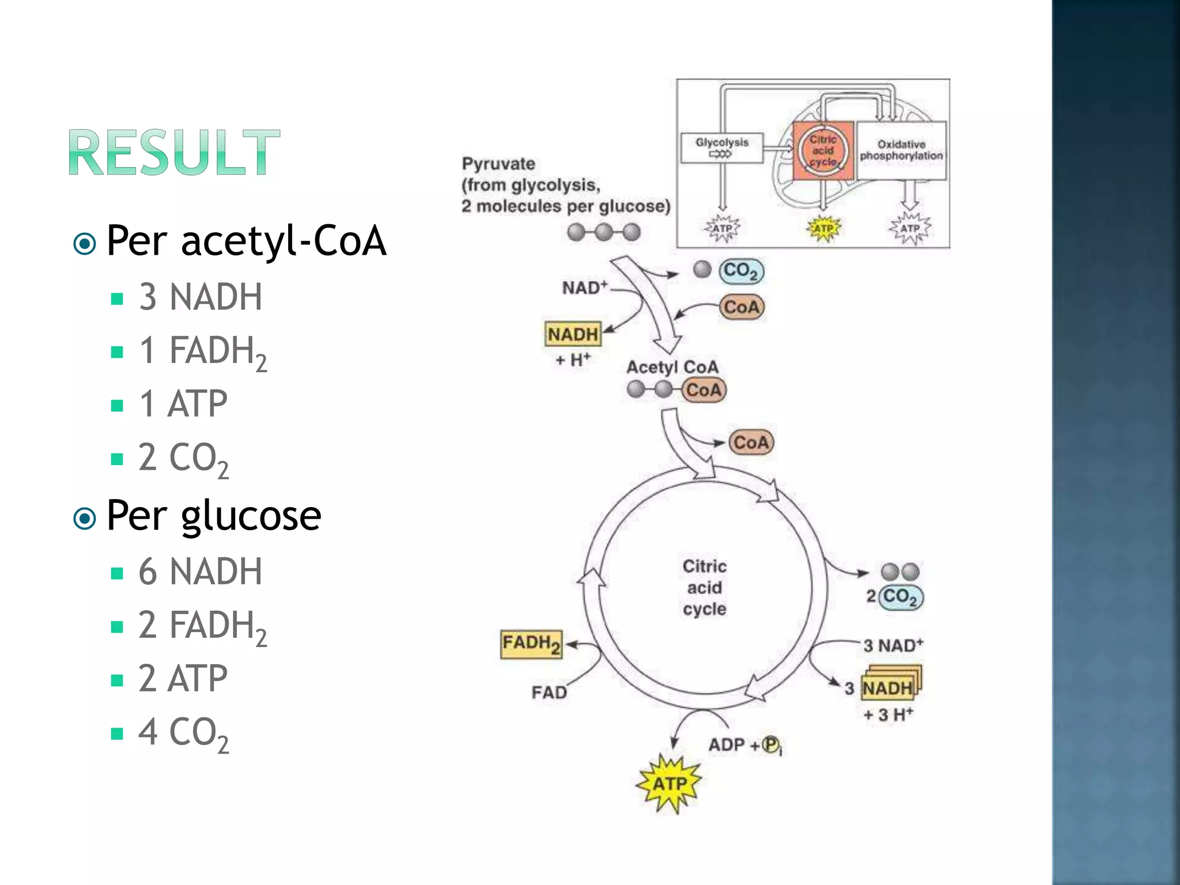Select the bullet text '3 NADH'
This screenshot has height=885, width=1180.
tap(200, 297)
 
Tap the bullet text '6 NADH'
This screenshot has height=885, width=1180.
tap(200, 572)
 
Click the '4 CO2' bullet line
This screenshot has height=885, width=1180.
tap(183, 733)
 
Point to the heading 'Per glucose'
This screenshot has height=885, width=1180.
tap(214, 515)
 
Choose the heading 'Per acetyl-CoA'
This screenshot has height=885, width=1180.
tap(246, 241)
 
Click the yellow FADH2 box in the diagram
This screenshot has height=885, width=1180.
tap(531, 644)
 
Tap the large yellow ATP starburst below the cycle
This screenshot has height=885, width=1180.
tap(670, 784)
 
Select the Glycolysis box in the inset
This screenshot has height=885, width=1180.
tap(721, 148)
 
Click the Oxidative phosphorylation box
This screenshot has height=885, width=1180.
tap(901, 150)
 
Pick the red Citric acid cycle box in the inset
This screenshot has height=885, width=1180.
tap(823, 151)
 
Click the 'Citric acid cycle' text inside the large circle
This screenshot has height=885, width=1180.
tap(704, 588)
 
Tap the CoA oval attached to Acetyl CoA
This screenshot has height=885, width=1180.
tap(704, 390)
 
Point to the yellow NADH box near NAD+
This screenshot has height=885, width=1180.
tap(573, 334)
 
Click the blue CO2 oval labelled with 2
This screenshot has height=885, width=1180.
tap(901, 596)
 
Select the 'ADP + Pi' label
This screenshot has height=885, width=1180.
tap(744, 745)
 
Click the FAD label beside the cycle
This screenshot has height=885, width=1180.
tap(549, 692)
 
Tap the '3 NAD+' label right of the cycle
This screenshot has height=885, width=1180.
tap(892, 645)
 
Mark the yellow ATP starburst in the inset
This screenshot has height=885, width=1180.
tap(823, 229)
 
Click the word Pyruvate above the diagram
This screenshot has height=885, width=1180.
tap(498, 164)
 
